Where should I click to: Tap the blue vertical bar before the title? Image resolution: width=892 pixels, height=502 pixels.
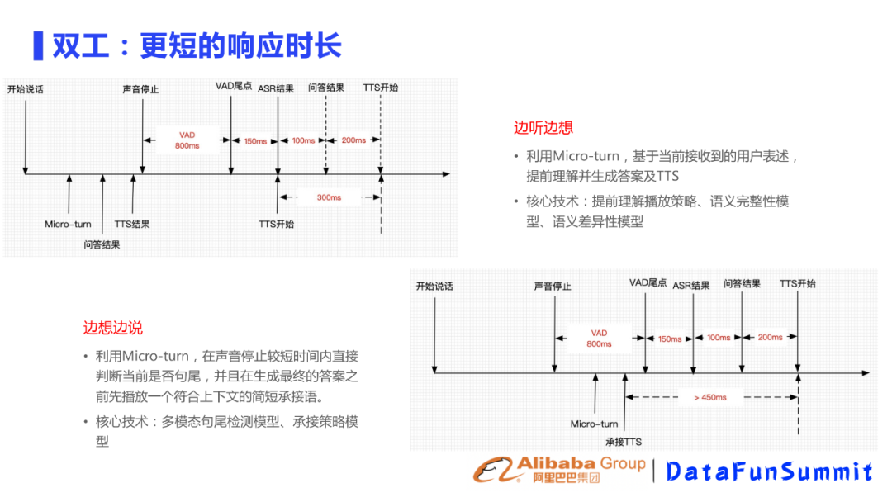(37, 45)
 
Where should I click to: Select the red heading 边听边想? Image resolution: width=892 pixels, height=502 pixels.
(543, 128)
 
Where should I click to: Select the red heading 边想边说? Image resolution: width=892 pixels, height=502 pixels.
(112, 328)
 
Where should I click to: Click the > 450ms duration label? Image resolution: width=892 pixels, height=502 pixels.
(709, 398)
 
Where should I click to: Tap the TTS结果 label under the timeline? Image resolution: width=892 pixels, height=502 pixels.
(131, 225)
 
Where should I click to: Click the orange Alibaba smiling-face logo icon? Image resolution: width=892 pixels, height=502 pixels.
(493, 470)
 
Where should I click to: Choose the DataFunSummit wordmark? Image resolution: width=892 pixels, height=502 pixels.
(769, 471)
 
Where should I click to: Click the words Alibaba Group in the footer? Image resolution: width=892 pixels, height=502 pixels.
(581, 463)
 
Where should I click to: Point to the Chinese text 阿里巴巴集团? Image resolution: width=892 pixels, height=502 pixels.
(567, 479)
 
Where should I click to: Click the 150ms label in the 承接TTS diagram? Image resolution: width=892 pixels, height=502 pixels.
(669, 339)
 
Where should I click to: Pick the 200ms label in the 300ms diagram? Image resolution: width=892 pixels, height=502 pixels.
(353, 140)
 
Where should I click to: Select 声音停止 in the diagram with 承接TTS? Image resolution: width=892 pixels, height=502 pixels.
(552, 287)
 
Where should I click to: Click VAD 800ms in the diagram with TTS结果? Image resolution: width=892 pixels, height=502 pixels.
(187, 140)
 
